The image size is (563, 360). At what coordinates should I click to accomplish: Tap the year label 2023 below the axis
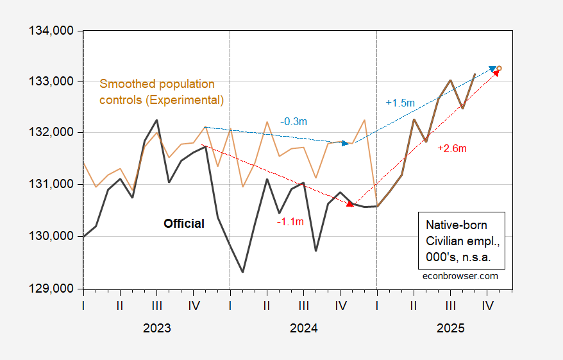pyautogui.click(x=156, y=328)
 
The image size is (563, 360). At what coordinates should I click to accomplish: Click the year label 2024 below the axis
pyautogui.click(x=303, y=328)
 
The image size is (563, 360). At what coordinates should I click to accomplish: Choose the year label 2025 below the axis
pyautogui.click(x=450, y=328)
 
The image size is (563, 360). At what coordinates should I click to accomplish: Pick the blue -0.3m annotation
pyautogui.click(x=291, y=121)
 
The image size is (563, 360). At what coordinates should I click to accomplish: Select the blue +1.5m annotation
pyautogui.click(x=400, y=102)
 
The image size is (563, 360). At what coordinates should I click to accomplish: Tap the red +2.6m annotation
pyautogui.click(x=451, y=148)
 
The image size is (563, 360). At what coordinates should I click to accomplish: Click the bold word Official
pyautogui.click(x=184, y=224)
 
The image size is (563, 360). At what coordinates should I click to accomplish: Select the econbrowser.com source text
pyautogui.click(x=460, y=275)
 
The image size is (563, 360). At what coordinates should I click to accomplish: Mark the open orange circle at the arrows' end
pyautogui.click(x=500, y=69)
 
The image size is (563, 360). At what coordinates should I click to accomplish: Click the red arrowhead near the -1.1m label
pyautogui.click(x=350, y=204)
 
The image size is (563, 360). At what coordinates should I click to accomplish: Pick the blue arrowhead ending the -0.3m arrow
pyautogui.click(x=346, y=143)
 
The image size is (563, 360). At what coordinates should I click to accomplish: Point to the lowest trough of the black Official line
pyautogui.click(x=242, y=272)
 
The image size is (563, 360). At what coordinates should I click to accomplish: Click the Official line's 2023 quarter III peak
pyautogui.click(x=156, y=120)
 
